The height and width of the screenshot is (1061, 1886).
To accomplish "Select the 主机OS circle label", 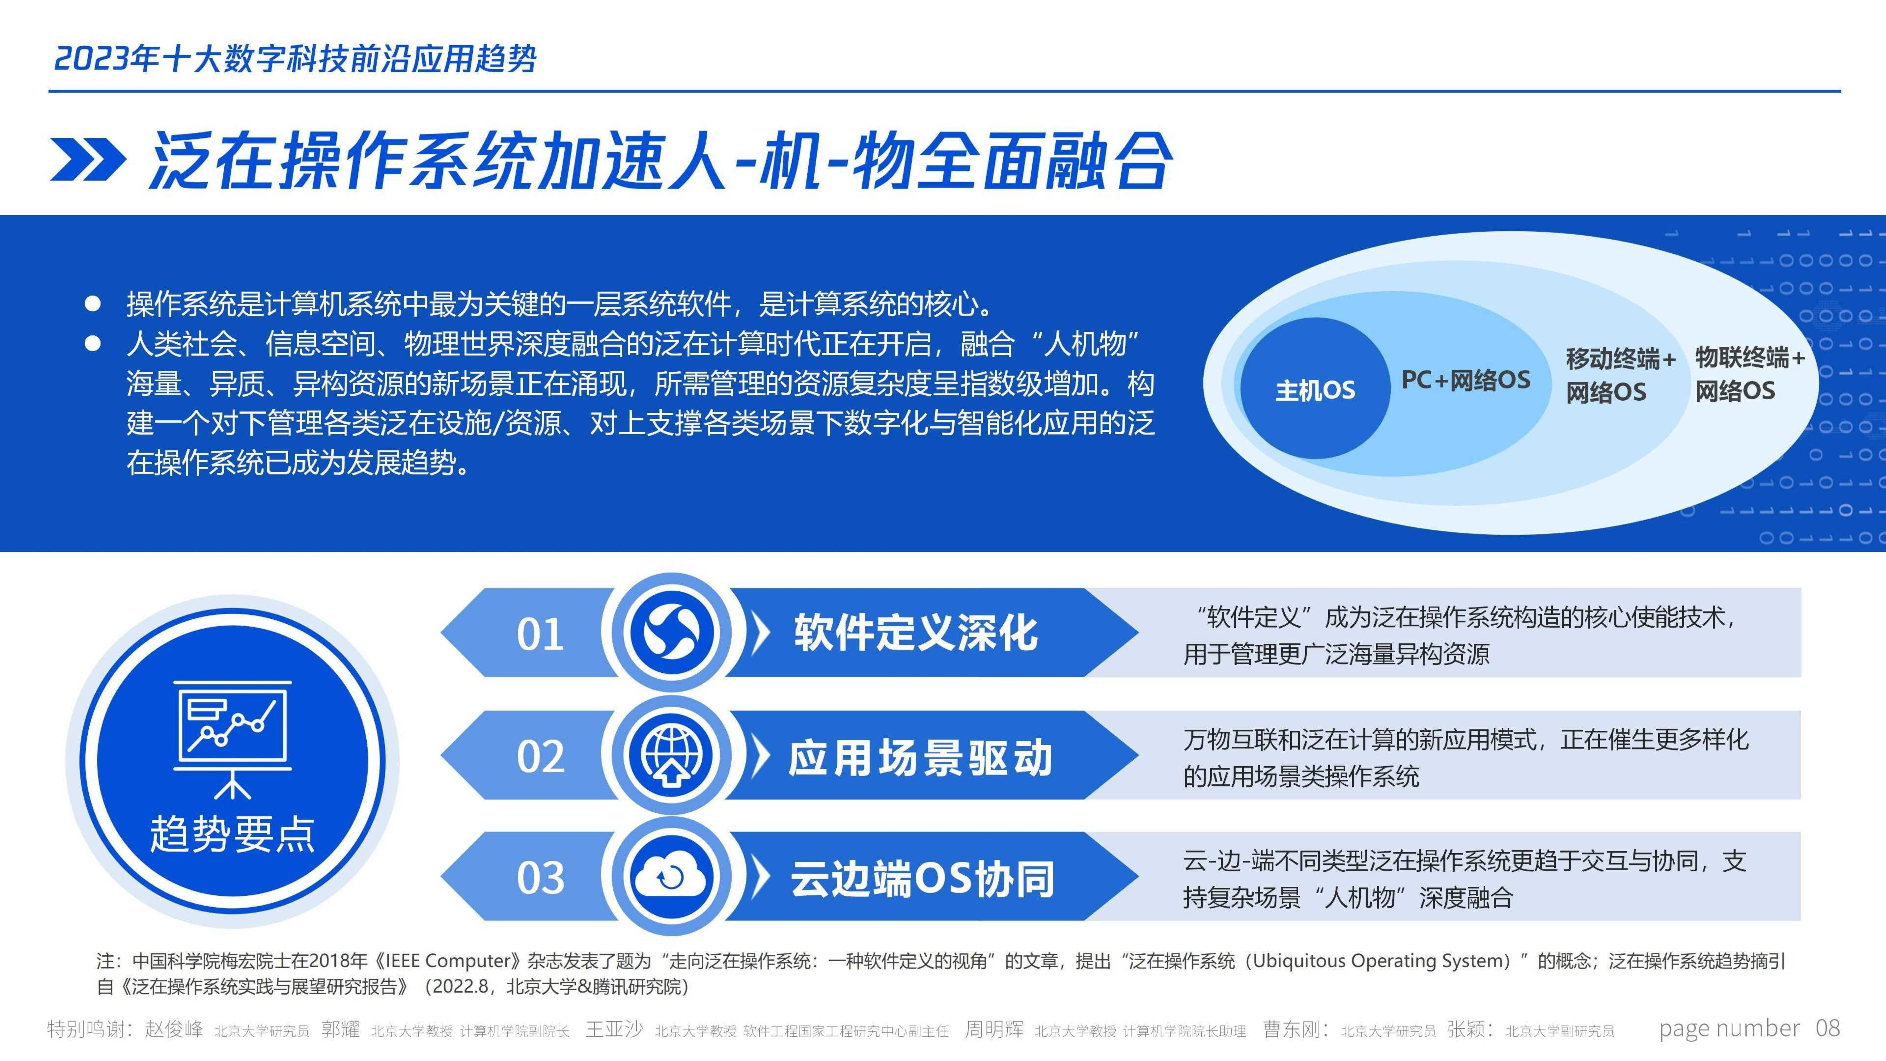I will tap(1315, 390).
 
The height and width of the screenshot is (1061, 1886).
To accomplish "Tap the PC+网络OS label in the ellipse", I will tap(1466, 380).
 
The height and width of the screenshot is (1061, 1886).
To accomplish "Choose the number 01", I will tap(540, 634).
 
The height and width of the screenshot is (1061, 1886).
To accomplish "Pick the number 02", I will tap(540, 756).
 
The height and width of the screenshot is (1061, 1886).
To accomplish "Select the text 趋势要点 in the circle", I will tap(232, 834).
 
